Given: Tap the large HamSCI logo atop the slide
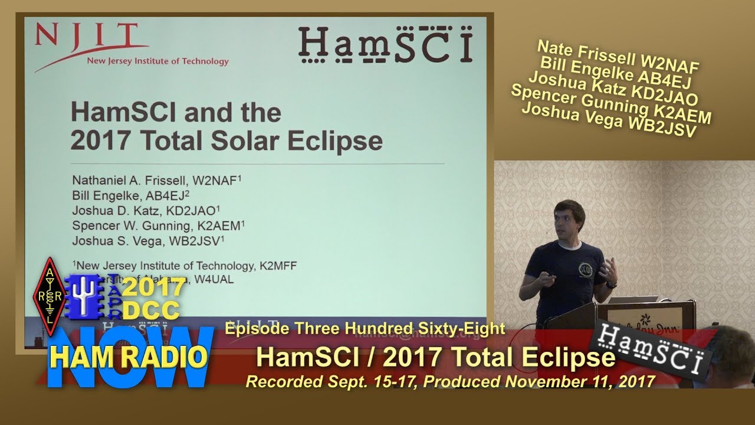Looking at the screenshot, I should click(x=385, y=45).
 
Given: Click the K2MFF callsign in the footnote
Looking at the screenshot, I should click(x=278, y=266).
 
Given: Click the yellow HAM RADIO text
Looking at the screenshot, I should click(x=129, y=357).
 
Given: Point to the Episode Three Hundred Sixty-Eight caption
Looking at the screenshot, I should click(x=365, y=329).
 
